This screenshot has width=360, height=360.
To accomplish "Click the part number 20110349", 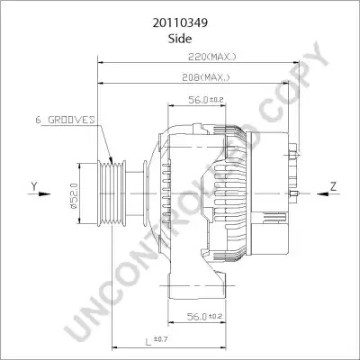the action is point(180,23).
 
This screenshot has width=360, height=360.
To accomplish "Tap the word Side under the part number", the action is point(180,39).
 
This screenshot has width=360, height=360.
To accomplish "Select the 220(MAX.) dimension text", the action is point(211,57).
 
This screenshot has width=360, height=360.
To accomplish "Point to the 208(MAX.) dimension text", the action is point(206,77).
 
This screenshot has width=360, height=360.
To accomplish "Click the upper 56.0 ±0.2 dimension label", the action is point(206,100).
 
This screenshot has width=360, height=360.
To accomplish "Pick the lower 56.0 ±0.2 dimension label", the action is point(204,316).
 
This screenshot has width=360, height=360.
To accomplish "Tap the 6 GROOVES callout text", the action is point(65,120).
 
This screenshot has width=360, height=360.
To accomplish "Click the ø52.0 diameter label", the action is point(74,196).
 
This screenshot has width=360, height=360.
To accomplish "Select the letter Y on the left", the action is point(34,186).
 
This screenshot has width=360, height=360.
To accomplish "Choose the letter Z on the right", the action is point(334,187).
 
